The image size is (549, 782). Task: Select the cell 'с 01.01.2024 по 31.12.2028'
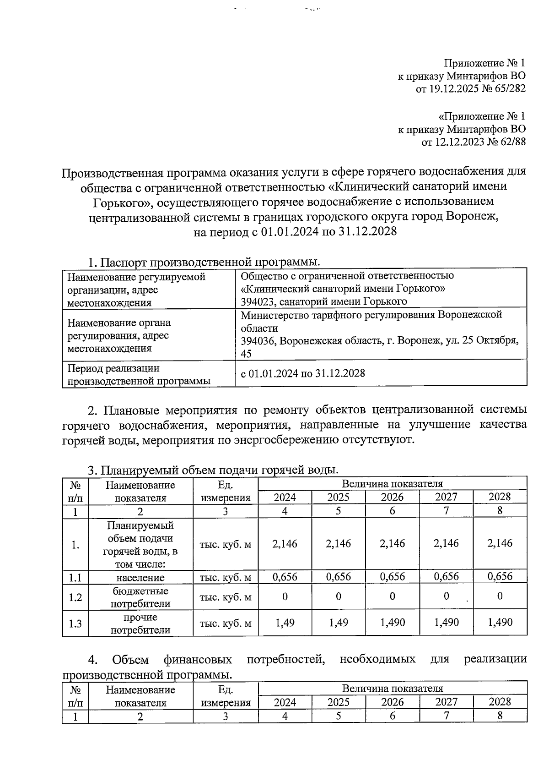point(303,373)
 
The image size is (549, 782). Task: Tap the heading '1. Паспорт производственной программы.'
point(204,262)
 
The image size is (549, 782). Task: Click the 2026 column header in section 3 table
point(392,498)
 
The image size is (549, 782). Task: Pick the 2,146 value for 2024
point(285,544)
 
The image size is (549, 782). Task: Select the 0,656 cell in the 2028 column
point(500,576)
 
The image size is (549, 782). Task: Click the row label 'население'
point(140,578)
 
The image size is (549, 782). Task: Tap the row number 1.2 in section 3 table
point(75,597)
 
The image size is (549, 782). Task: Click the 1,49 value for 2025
point(338,623)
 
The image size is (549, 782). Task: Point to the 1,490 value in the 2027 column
point(446,623)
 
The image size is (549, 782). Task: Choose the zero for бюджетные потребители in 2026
point(392,596)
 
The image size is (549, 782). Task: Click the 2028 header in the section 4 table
point(500,702)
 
